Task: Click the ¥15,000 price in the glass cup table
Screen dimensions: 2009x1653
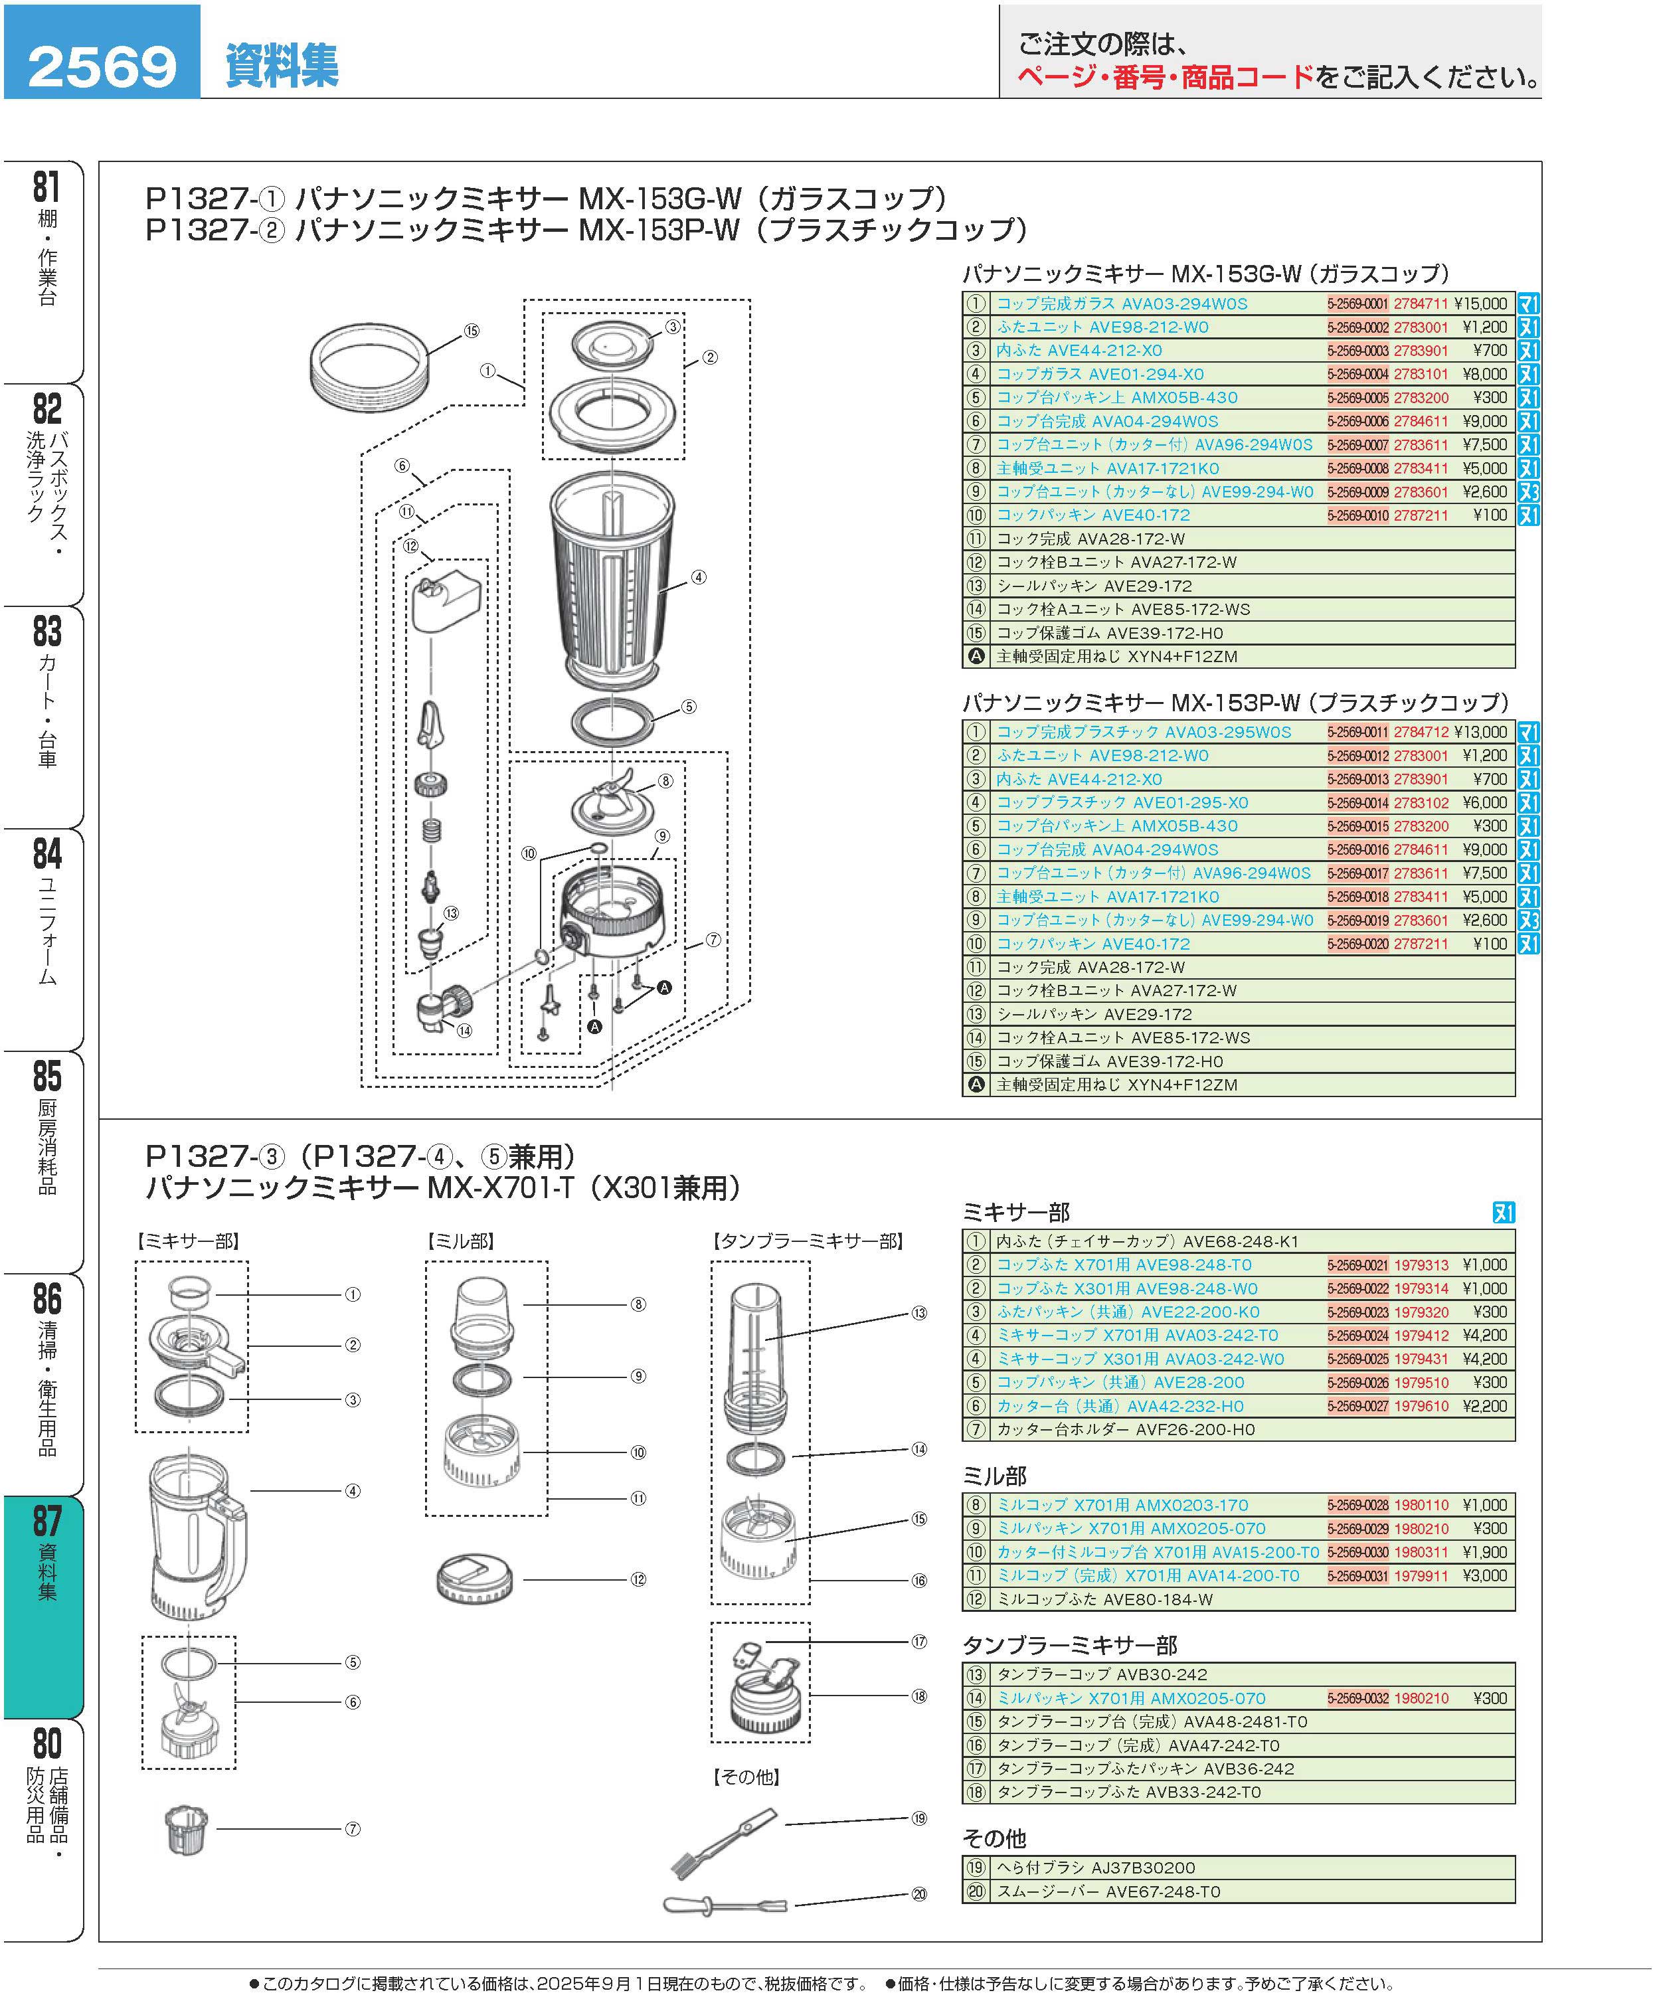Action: (x=1480, y=304)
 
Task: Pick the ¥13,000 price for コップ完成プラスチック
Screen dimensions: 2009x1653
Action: (x=1480, y=732)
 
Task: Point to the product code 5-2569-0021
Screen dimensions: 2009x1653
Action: (x=1358, y=1265)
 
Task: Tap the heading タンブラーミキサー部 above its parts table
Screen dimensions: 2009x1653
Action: (x=1069, y=1645)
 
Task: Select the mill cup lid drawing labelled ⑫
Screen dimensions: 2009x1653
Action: (x=474, y=1579)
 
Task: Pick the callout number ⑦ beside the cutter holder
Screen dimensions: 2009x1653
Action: (x=352, y=1829)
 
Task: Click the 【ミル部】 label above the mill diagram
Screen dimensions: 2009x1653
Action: (x=460, y=1241)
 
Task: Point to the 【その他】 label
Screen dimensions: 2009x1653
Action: (x=746, y=1777)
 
